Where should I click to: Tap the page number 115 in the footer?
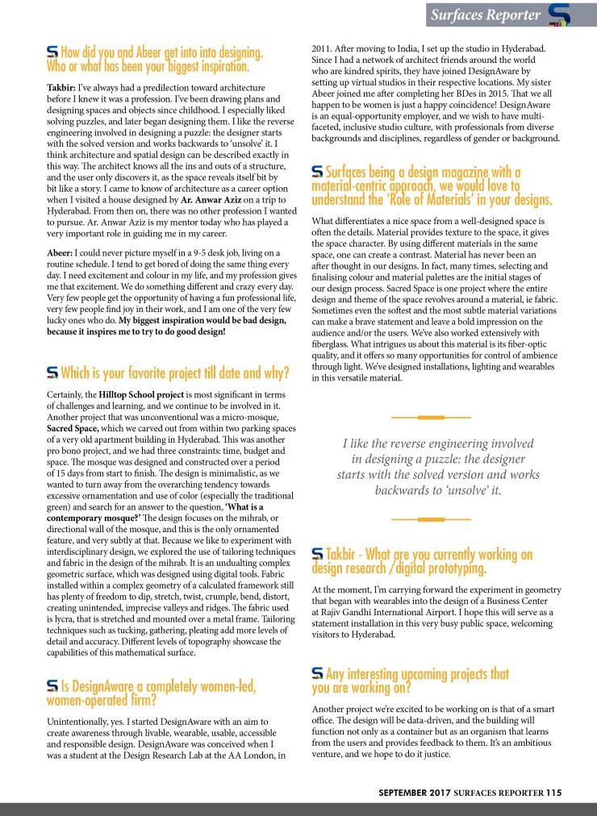pyautogui.click(x=553, y=793)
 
